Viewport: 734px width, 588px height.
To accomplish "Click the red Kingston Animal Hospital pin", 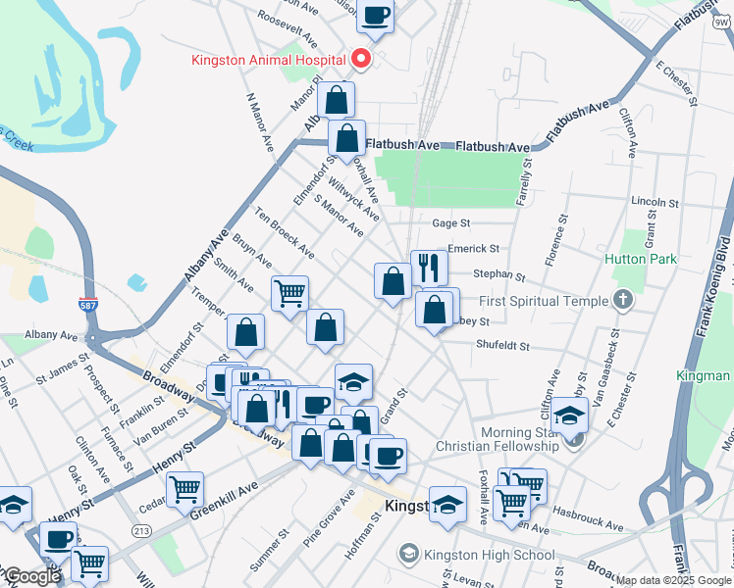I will pos(361,59).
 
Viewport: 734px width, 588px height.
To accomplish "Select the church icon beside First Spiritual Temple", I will pos(621,301).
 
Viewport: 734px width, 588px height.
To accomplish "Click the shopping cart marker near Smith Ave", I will pos(290,292).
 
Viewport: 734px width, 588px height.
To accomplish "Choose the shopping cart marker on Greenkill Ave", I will pos(184,489).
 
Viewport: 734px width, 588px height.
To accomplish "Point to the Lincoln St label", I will pos(655,201).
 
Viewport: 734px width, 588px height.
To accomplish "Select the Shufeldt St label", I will pos(502,346).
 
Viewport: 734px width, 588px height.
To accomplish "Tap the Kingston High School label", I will pos(489,555).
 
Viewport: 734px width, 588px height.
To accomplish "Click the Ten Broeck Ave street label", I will pos(284,233).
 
